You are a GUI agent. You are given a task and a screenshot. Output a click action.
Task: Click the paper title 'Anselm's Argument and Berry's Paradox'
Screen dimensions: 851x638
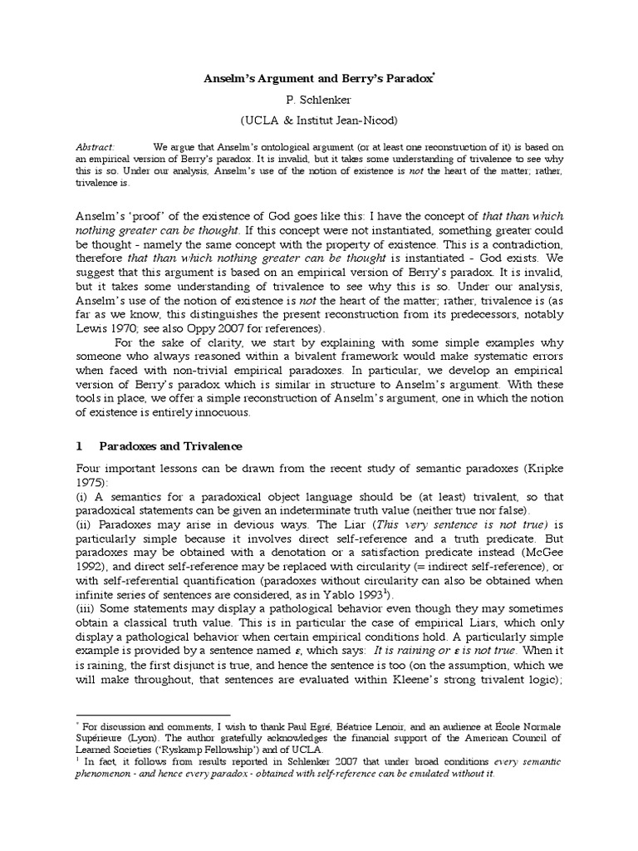click(x=320, y=80)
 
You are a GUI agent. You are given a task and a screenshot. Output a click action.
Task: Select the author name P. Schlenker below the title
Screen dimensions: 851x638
click(x=320, y=101)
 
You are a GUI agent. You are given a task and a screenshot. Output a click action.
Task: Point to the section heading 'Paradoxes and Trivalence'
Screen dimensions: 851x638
click(x=159, y=446)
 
